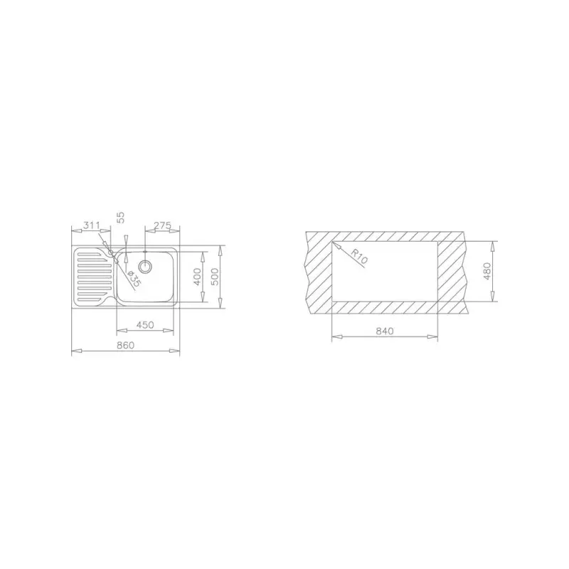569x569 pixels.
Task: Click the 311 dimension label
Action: [x=91, y=225]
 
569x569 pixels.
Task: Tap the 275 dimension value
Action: [x=162, y=225]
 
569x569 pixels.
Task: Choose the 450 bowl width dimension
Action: [x=145, y=325]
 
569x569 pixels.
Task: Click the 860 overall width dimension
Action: [x=125, y=345]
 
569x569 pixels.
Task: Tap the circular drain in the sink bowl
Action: [x=146, y=267]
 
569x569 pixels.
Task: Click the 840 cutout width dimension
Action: [x=384, y=331]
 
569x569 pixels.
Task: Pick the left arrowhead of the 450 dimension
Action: [x=119, y=331]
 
